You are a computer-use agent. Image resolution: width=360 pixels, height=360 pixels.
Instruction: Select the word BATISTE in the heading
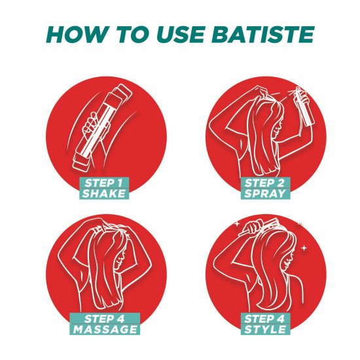click(262, 35)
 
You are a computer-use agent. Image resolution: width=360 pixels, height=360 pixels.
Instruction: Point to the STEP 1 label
click(103, 183)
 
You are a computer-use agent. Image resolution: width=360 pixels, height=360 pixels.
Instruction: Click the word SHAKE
click(104, 193)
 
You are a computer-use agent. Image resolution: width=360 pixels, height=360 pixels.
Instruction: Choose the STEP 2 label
click(264, 183)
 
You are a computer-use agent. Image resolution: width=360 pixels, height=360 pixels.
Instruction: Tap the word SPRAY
click(265, 193)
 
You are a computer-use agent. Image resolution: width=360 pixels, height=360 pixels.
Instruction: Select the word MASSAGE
click(105, 329)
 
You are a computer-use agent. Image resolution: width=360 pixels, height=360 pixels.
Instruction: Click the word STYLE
click(265, 329)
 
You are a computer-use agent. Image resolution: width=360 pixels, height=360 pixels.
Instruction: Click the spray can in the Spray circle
click(305, 107)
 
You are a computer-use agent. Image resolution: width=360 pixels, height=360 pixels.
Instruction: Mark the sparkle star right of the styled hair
click(304, 248)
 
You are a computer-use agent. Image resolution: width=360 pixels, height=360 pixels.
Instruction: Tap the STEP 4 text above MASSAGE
click(105, 319)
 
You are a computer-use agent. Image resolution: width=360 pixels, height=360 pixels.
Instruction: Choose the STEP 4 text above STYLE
click(264, 319)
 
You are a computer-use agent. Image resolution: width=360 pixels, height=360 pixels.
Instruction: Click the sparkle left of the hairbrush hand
click(236, 223)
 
